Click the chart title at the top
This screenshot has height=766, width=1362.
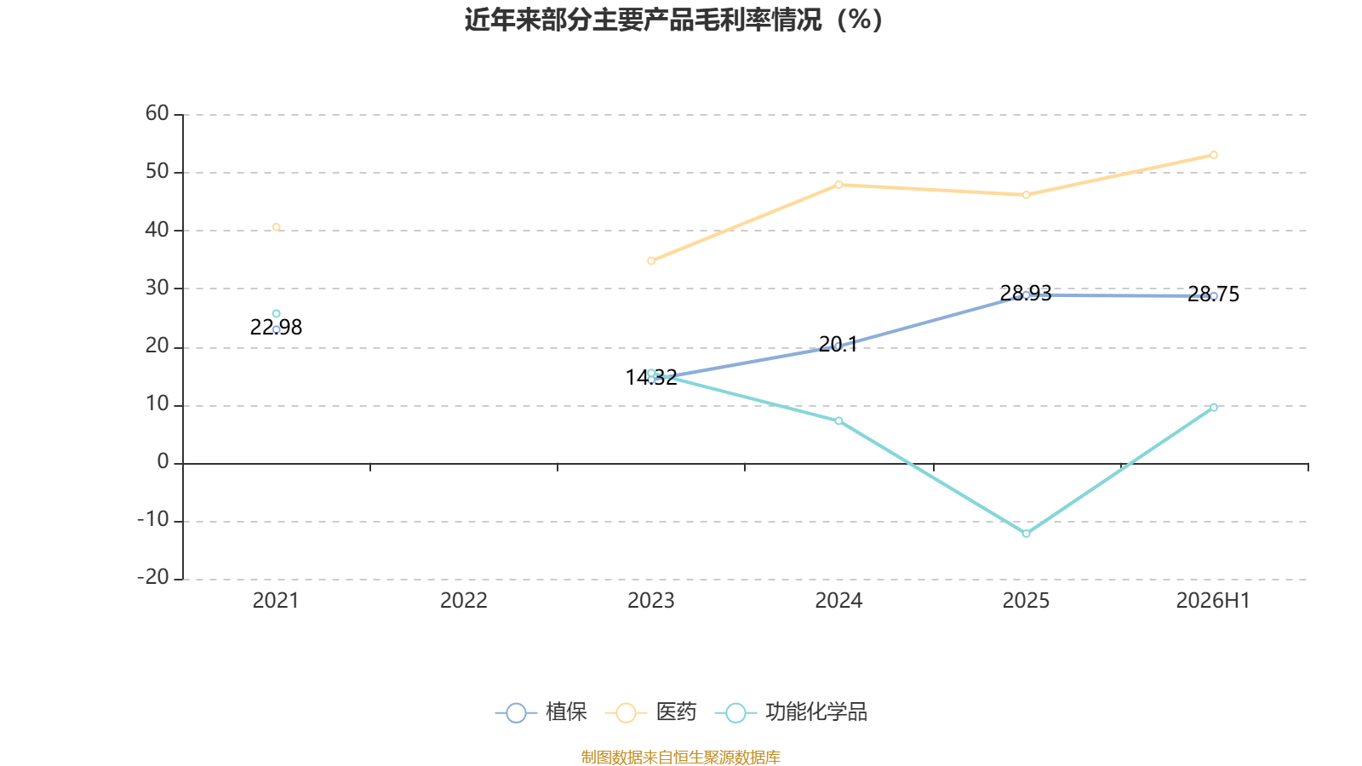[x=673, y=20]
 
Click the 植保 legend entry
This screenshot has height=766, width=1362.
[x=541, y=712]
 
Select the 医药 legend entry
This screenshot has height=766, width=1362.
[x=651, y=712]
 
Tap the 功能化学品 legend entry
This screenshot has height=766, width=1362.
[x=791, y=712]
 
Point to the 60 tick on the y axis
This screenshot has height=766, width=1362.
[x=157, y=113]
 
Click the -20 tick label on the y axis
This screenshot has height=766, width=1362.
[x=153, y=577]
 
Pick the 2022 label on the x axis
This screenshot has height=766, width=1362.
[x=464, y=601]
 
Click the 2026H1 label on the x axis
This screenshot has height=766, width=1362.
[x=1213, y=601]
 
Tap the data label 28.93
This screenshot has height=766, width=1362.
[x=1026, y=294]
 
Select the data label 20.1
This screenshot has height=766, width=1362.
[x=838, y=345]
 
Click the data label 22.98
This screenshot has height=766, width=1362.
[x=276, y=328]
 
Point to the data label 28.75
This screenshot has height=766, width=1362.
[x=1213, y=294]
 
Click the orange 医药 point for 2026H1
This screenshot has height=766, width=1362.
[x=1214, y=155]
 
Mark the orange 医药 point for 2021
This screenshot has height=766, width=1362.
[x=276, y=227]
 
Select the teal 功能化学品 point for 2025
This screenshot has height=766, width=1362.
[x=1027, y=534]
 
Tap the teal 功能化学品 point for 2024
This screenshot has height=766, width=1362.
[x=838, y=420]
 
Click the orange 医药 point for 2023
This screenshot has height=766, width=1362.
[x=651, y=260]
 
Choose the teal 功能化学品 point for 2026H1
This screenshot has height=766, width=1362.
[x=1214, y=408]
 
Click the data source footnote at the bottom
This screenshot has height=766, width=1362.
[x=680, y=757]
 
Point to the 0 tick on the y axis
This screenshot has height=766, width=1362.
[x=163, y=461]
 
